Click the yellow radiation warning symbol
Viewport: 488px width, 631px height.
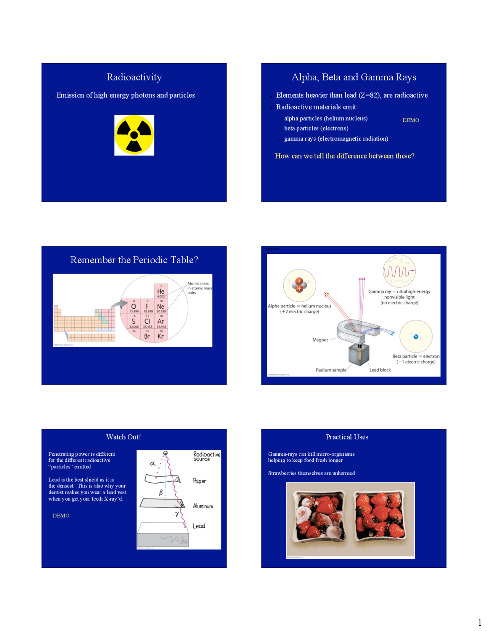134,135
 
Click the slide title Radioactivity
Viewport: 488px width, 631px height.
134,77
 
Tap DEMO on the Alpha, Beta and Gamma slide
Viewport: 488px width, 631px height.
411,120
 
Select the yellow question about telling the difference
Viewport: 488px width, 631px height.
345,156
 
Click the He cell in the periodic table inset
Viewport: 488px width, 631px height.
161,291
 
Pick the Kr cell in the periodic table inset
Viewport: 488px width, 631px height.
161,336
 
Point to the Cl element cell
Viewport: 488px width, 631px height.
147,321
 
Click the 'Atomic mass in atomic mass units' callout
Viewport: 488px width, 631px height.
199,288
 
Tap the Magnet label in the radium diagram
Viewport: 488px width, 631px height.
320,340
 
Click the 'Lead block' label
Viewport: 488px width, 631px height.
380,370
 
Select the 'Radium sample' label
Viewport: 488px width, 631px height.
331,370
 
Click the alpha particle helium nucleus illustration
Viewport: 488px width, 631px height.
299,285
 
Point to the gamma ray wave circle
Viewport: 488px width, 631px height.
399,271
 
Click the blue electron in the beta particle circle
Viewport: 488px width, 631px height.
416,336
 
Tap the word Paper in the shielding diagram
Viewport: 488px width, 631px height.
199,481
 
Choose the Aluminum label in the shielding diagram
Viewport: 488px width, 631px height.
203,506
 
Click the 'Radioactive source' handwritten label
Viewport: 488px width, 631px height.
206,456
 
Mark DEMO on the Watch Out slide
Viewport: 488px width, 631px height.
61,516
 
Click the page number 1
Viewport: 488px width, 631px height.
480,623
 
